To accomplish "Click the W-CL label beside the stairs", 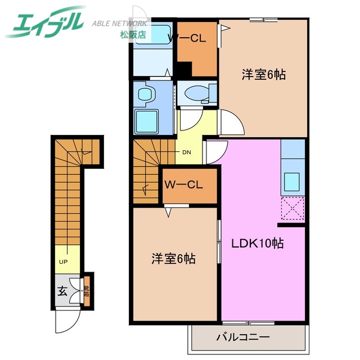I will pos(184,184).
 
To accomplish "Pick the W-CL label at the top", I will pos(188,38).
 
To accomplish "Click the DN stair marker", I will pos(186,152).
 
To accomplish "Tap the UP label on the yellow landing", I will pos(64,262).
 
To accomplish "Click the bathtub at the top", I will pos(153,35).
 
